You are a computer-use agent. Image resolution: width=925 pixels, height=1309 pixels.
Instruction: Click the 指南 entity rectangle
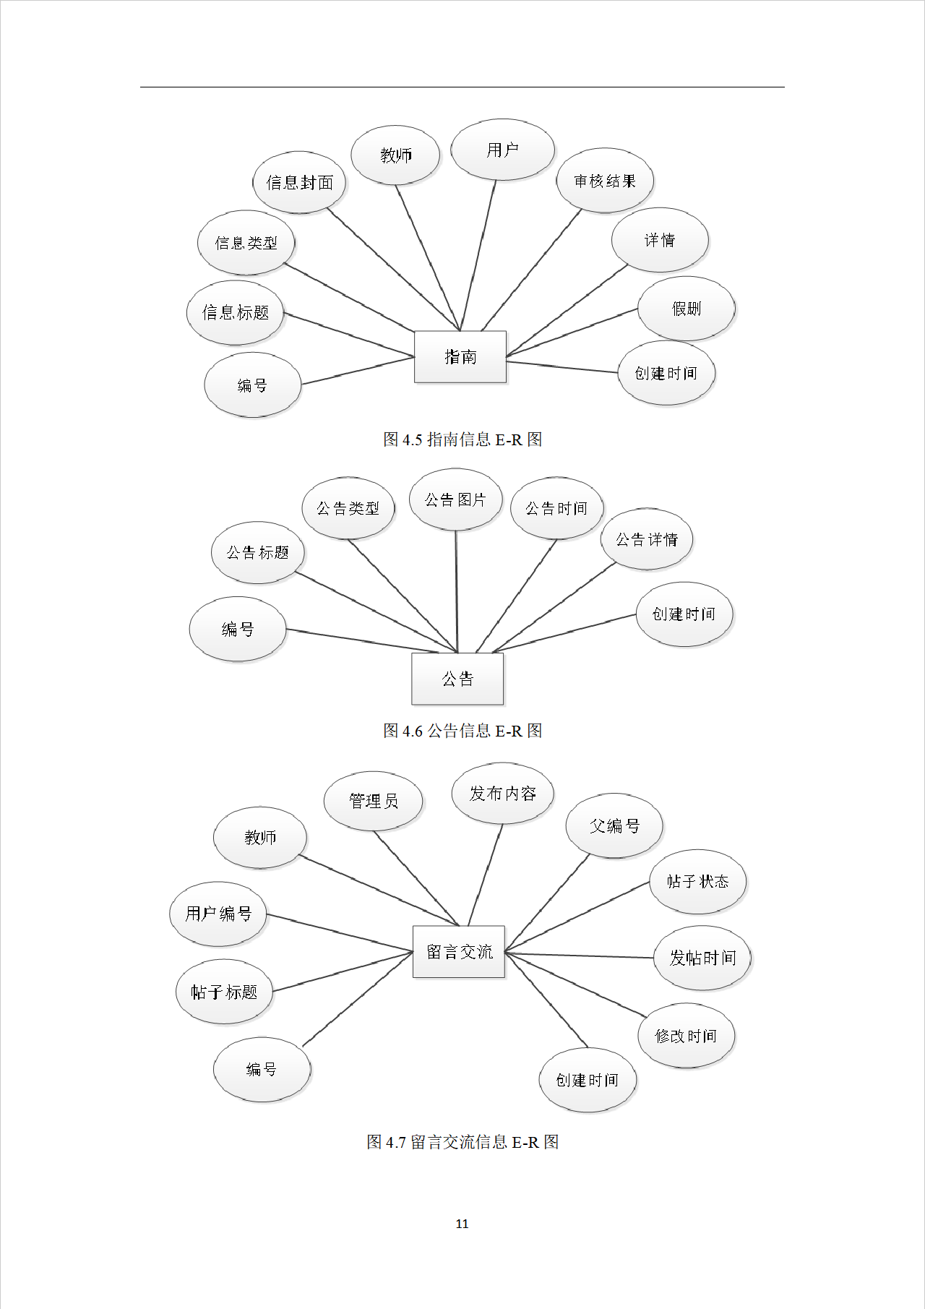[460, 356]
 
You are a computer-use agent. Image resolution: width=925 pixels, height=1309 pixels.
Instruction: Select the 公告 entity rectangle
[457, 679]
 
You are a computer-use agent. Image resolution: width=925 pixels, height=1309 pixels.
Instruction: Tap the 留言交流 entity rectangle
[458, 951]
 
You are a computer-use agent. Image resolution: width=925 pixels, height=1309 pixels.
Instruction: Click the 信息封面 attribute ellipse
[299, 182]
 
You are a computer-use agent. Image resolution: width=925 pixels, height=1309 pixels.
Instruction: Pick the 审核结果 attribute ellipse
[605, 181]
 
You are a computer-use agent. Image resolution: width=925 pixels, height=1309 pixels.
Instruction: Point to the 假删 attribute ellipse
[686, 309]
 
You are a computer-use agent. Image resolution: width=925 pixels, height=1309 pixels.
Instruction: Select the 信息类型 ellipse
[246, 243]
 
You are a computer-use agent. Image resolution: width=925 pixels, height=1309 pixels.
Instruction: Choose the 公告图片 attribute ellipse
[455, 499]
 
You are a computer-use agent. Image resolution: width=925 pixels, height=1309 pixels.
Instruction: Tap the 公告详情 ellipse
[647, 539]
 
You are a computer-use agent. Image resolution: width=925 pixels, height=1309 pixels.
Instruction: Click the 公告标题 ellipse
[257, 553]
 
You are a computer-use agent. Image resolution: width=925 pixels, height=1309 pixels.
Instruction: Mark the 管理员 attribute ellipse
[373, 801]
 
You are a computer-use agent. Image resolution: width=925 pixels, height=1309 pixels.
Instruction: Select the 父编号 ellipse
[614, 825]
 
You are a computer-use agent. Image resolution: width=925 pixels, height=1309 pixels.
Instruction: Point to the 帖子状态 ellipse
[697, 881]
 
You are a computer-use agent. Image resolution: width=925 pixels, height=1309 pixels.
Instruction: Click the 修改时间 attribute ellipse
[686, 1036]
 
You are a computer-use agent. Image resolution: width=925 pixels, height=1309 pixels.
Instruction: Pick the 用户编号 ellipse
[218, 914]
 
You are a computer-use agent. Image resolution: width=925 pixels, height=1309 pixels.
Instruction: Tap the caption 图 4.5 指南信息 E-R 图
[462, 439]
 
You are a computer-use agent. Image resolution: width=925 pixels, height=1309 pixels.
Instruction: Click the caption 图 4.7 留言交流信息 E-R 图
[462, 1142]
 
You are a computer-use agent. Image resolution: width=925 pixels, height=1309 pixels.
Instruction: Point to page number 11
[462, 1224]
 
